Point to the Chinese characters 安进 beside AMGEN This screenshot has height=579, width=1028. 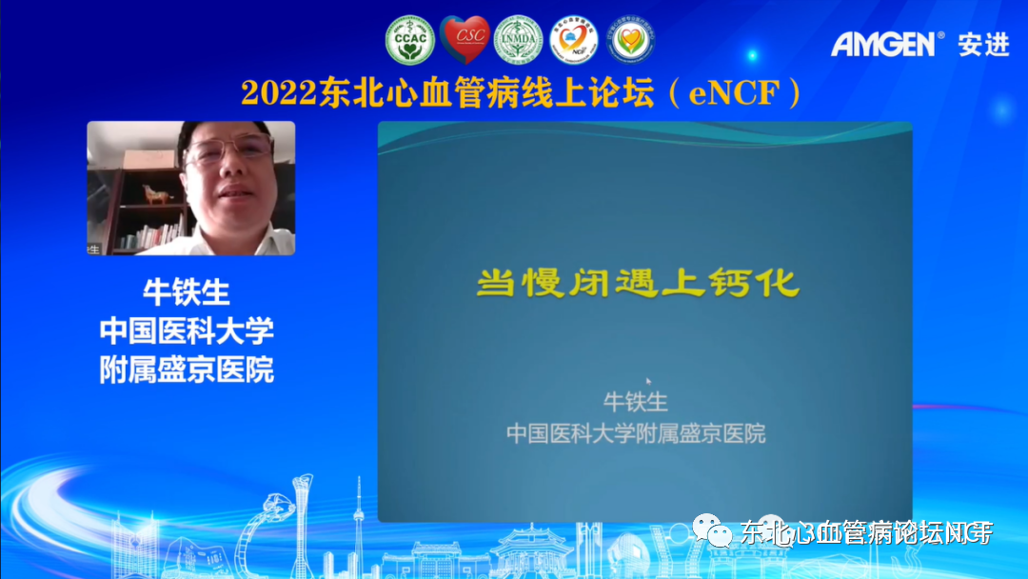point(983,44)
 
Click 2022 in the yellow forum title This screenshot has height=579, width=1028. point(276,93)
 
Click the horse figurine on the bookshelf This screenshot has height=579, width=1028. point(155,193)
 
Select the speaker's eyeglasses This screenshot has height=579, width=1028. point(228,151)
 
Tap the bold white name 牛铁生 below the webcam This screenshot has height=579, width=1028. point(187,292)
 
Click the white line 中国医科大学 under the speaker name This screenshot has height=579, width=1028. point(187,330)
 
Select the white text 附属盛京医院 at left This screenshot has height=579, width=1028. point(187,369)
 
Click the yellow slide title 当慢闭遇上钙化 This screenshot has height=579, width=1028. point(637,284)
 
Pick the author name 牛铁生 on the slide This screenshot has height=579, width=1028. point(635,402)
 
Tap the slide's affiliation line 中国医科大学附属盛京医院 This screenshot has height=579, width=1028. point(635,434)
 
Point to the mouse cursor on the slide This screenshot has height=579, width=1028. point(648,381)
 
